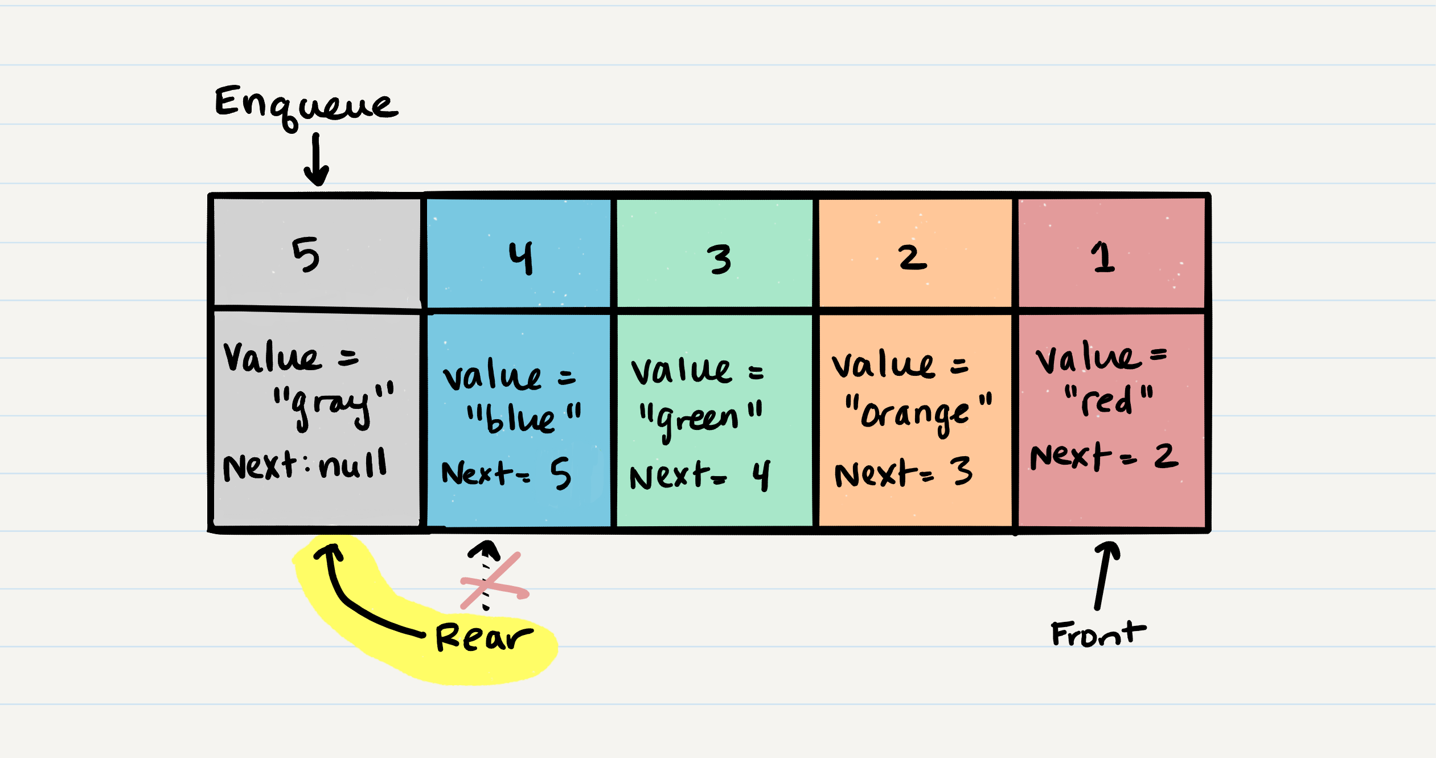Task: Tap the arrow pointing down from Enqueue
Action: click(316, 160)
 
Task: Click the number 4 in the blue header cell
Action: click(521, 257)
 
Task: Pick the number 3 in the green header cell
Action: click(720, 259)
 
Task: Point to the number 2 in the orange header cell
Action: click(912, 257)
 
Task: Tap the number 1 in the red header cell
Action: click(1103, 257)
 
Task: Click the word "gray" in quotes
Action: click(333, 404)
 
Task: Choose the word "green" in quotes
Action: click(700, 419)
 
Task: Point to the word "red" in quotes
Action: click(1108, 400)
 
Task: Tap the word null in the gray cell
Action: click(353, 465)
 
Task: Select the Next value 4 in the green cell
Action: click(761, 475)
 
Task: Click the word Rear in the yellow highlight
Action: click(484, 637)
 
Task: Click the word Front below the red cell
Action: click(1098, 633)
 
